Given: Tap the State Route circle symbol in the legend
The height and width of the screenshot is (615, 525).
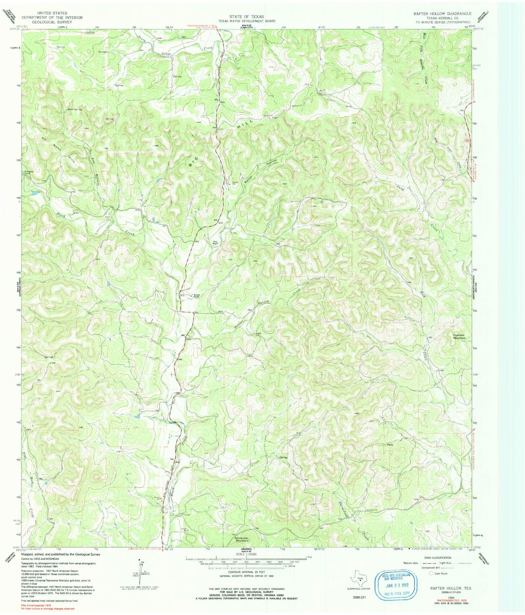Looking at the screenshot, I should click(431, 573).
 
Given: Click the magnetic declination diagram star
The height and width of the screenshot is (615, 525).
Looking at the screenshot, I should click(139, 560).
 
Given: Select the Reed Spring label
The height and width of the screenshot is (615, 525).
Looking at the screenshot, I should click(75, 109).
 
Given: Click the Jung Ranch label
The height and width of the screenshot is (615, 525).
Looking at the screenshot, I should click(215, 242).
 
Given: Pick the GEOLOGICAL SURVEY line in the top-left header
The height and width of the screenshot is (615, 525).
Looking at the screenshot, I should click(52, 22).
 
